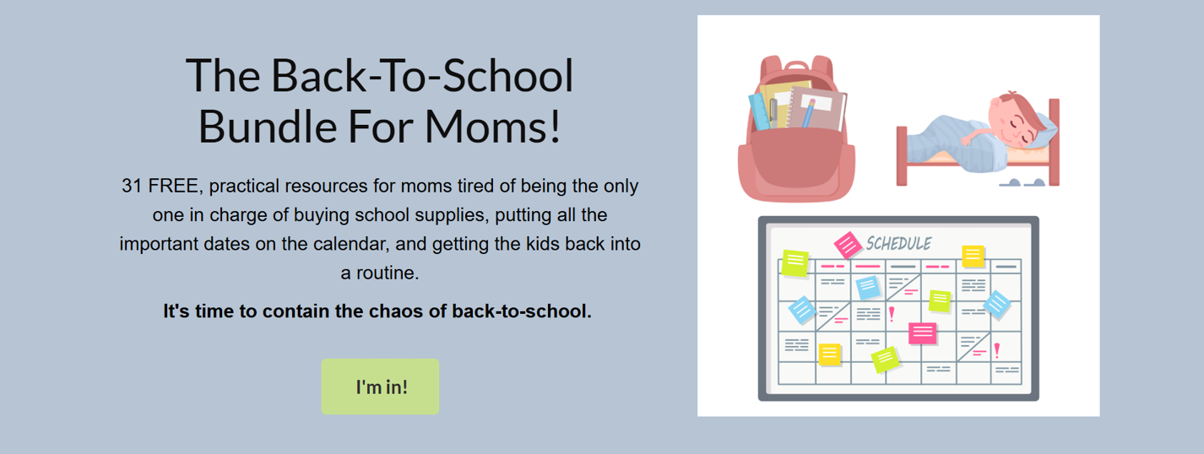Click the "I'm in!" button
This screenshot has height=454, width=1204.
click(x=380, y=386)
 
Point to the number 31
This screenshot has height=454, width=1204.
click(x=132, y=186)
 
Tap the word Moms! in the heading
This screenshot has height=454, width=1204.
click(x=492, y=127)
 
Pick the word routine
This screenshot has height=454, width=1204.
click(x=392, y=273)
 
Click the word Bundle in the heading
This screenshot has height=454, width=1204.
click(x=267, y=127)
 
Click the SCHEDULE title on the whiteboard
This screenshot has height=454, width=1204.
click(x=898, y=244)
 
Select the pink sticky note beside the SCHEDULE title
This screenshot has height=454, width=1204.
click(x=848, y=245)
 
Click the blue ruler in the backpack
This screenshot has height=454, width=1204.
click(x=759, y=112)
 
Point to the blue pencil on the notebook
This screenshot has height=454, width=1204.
click(x=808, y=113)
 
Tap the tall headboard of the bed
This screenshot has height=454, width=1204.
click(x=1054, y=142)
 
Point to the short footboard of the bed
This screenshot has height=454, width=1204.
click(x=902, y=156)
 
